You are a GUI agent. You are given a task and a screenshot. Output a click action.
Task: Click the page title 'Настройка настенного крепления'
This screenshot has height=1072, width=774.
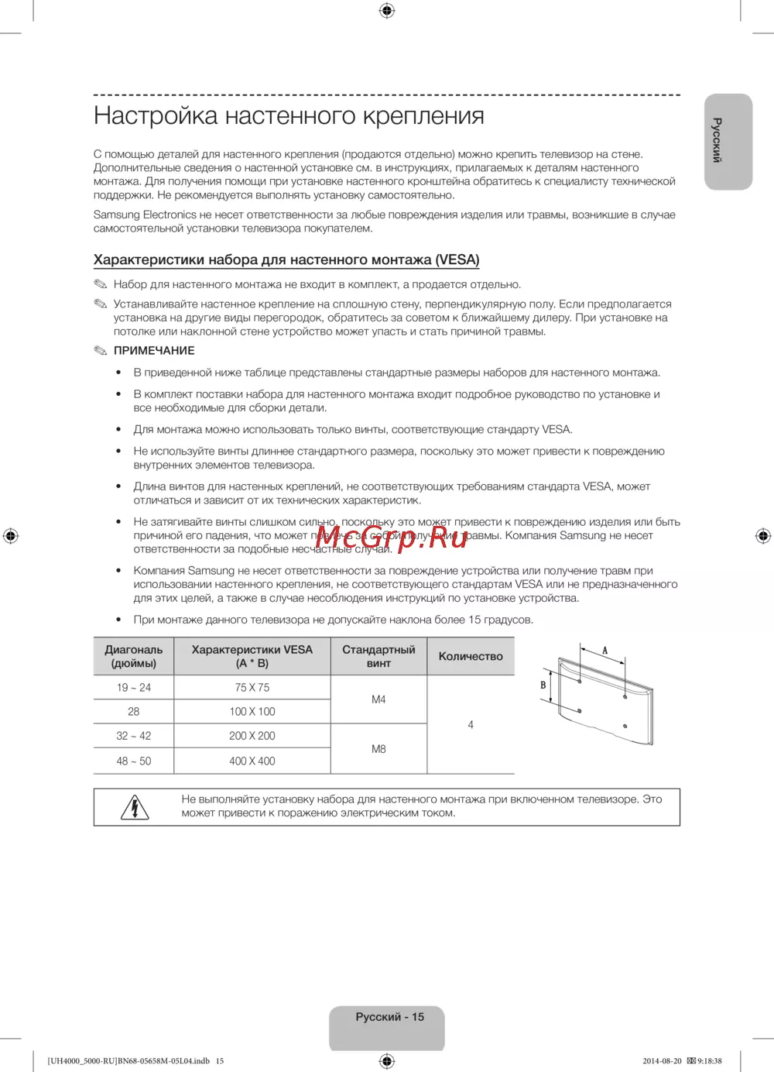click(289, 116)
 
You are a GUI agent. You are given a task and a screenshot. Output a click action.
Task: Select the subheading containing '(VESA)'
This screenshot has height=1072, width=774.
click(286, 260)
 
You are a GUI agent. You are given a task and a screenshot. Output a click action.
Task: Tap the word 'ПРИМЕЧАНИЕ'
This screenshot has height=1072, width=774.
click(154, 351)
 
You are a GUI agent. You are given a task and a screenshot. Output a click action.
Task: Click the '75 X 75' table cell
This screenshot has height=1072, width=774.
click(252, 688)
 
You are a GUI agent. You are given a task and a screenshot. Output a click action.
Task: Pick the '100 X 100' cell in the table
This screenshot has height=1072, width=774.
click(252, 712)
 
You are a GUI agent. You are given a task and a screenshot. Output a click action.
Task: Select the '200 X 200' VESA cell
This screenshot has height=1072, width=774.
click(252, 736)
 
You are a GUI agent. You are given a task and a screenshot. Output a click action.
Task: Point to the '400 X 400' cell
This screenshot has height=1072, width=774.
click(252, 761)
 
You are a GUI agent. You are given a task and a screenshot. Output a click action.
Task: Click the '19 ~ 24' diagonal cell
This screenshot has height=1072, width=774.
click(134, 688)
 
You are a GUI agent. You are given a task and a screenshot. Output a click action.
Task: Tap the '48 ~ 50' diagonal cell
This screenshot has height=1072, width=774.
click(134, 761)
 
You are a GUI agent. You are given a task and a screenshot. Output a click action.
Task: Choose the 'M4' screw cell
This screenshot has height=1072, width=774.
click(378, 699)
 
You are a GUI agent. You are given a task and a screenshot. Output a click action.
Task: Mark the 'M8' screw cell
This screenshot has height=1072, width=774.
click(378, 749)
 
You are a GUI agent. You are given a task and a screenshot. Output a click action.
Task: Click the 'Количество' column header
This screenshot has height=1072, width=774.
click(471, 657)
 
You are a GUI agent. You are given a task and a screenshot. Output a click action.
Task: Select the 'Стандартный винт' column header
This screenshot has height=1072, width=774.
click(378, 657)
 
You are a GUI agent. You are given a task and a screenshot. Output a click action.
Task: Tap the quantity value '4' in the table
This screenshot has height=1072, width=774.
click(471, 725)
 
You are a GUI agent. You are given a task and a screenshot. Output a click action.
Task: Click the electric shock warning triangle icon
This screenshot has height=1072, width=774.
click(135, 807)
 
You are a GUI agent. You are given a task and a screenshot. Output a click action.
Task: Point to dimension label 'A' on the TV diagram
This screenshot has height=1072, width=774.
click(605, 651)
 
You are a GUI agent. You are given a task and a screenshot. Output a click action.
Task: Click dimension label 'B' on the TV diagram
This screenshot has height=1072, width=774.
click(543, 685)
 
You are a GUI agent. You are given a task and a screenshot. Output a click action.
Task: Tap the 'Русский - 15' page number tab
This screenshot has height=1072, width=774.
click(389, 1018)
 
